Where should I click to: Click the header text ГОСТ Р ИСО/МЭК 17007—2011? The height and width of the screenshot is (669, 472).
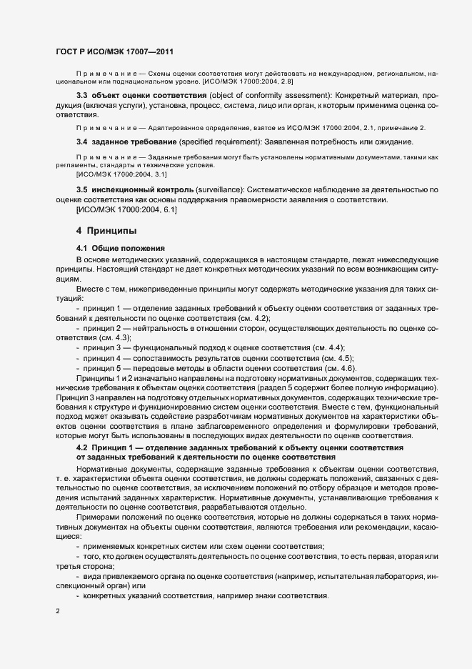coord(114,52)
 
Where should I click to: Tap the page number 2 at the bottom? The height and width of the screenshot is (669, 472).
coord(58,612)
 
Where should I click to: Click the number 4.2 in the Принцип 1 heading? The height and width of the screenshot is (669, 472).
coord(82,447)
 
